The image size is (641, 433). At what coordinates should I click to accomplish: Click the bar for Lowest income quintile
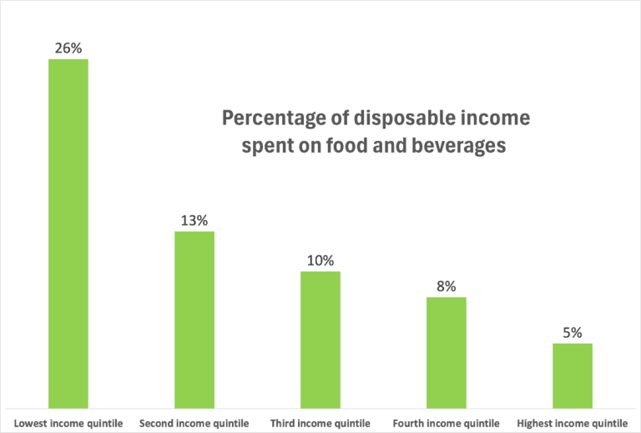coord(68,233)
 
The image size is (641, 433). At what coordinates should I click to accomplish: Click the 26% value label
coord(68,48)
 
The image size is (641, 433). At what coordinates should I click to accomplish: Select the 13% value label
coord(194,220)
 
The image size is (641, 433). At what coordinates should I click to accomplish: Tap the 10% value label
coord(320,260)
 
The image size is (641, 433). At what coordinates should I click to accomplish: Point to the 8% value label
coord(447,286)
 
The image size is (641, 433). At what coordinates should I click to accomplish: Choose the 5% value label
coord(573,332)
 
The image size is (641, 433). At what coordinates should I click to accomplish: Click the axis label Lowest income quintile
coord(68,423)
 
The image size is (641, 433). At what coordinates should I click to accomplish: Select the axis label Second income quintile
coord(194,423)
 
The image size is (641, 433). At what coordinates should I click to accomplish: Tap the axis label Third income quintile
coord(320,423)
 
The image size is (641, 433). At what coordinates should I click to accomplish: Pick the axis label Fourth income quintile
coord(447,423)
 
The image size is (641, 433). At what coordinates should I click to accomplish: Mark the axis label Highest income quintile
coord(573,423)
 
